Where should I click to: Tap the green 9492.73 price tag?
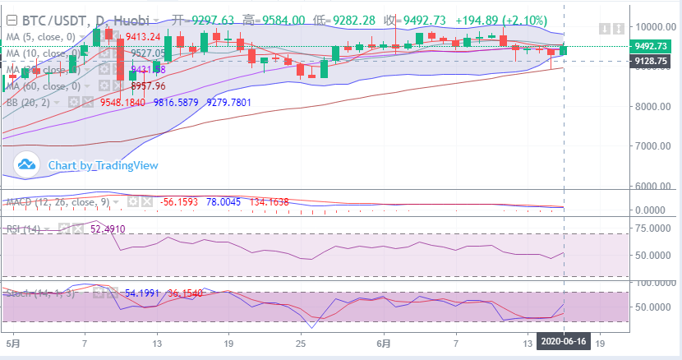[x=651, y=47]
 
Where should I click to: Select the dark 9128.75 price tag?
[x=651, y=61]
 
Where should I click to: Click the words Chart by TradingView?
[x=103, y=165]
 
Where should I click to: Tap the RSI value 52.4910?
[x=108, y=229]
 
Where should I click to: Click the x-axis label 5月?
[x=12, y=341]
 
